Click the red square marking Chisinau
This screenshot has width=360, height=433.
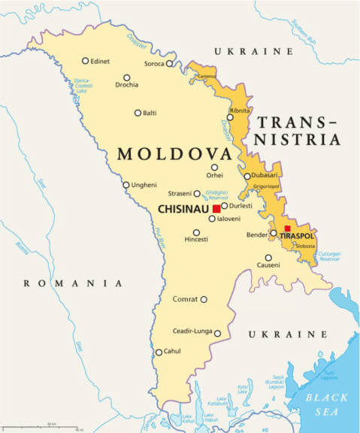[x=216, y=208]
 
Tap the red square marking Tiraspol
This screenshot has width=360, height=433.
[x=287, y=229]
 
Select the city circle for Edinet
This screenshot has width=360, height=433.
[x=86, y=61]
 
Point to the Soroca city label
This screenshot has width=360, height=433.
[x=154, y=64]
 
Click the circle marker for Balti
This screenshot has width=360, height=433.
[x=138, y=113]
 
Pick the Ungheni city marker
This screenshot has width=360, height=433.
[x=126, y=185]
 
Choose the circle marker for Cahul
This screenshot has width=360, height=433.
[x=159, y=352]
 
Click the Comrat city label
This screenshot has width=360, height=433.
[x=185, y=299]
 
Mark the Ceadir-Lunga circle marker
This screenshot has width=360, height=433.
[x=217, y=333]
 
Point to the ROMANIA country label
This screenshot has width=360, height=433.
[x=72, y=283]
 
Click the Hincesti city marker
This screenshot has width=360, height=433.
[x=196, y=232]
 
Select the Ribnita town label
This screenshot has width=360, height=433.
[x=240, y=111]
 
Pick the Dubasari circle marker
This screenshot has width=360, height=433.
[x=247, y=177]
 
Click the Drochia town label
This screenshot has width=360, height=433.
[x=126, y=85]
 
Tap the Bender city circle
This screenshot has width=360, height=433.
[x=274, y=232]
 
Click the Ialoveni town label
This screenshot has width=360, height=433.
[x=228, y=219]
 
